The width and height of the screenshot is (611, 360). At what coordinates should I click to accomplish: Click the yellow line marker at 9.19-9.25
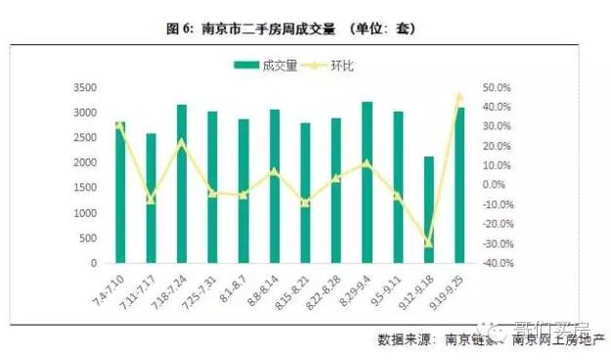tap(459, 97)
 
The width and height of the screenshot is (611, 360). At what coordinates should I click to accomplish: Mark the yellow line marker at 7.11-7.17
tap(151, 200)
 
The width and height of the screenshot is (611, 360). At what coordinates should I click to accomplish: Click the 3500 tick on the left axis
tap(85, 87)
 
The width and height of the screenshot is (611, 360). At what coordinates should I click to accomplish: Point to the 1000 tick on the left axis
tap(85, 213)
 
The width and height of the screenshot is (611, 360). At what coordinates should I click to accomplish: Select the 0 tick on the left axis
tap(94, 263)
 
